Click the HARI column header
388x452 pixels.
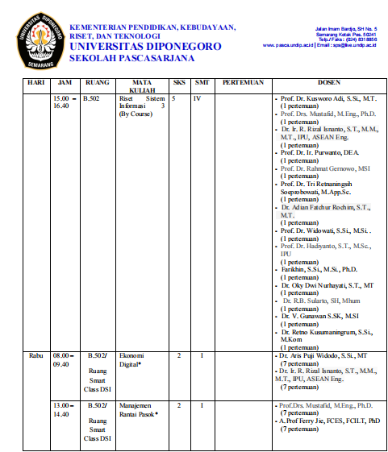point(35,83)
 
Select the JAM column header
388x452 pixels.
point(65,83)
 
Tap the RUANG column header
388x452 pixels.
point(98,83)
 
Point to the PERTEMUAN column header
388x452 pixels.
point(243,83)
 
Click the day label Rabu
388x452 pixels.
point(35,355)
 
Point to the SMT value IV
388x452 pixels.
point(197,98)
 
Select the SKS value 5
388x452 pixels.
point(173,98)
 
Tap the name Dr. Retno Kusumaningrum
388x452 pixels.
point(326,331)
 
